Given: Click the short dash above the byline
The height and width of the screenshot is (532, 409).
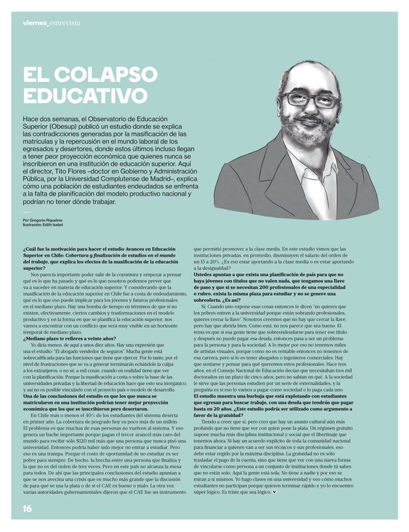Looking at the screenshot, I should click(x=27, y=211).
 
